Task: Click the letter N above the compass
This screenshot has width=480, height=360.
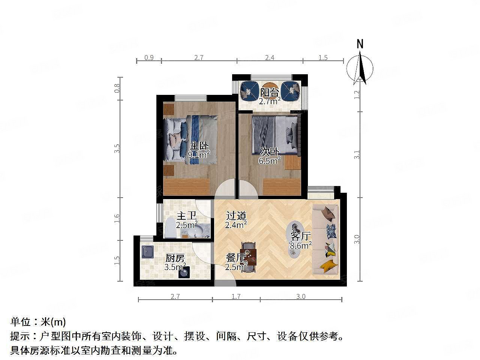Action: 360,44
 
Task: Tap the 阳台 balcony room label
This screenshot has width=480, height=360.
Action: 270,92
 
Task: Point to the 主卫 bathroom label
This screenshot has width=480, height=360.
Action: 187,216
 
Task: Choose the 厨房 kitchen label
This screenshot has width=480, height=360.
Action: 175,258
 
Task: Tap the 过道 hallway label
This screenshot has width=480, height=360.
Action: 236,216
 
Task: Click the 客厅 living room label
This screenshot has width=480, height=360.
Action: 301,236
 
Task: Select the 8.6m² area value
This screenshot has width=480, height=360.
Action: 301,246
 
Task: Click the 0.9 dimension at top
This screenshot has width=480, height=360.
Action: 149,57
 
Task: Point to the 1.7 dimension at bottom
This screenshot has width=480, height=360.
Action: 236,297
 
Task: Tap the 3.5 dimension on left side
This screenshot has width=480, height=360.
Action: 117,148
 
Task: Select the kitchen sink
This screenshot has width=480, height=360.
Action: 147,252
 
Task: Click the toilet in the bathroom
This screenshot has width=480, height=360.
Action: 169,229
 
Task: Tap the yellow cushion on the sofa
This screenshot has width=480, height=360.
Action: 328,265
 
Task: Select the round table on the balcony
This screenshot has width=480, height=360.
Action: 269,87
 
